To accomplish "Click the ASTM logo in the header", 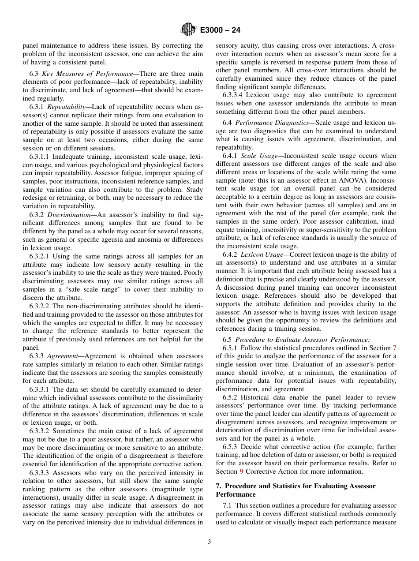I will click(x=188, y=30).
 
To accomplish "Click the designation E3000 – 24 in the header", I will click(x=220, y=30).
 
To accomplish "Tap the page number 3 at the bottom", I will click(x=209, y=542).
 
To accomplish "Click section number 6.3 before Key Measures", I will click(x=34, y=74).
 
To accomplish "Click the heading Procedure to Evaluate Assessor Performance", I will click(x=303, y=339).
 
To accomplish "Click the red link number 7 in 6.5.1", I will click(x=394, y=348).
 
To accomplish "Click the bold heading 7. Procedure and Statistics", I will click(x=296, y=486).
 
